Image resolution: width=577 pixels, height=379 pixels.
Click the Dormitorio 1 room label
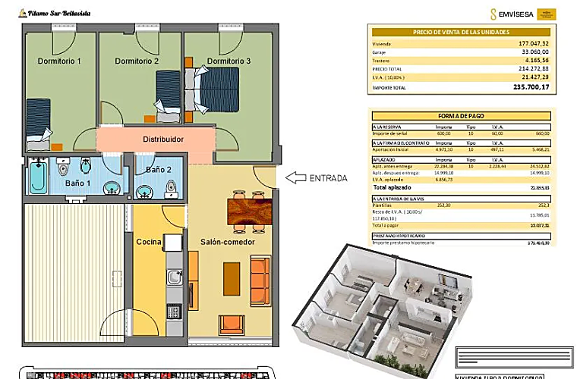(x=60, y=61)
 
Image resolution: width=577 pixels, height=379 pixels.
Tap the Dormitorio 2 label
(x=137, y=61)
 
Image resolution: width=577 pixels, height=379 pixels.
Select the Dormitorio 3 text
(x=229, y=61)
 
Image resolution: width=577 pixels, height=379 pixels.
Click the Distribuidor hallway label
(x=164, y=139)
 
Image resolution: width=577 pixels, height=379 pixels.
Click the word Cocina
(x=149, y=242)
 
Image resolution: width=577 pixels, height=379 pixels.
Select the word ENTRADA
(x=329, y=179)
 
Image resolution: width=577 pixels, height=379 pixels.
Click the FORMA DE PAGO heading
(x=460, y=115)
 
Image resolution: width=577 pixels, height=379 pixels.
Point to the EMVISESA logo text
(x=516, y=13)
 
